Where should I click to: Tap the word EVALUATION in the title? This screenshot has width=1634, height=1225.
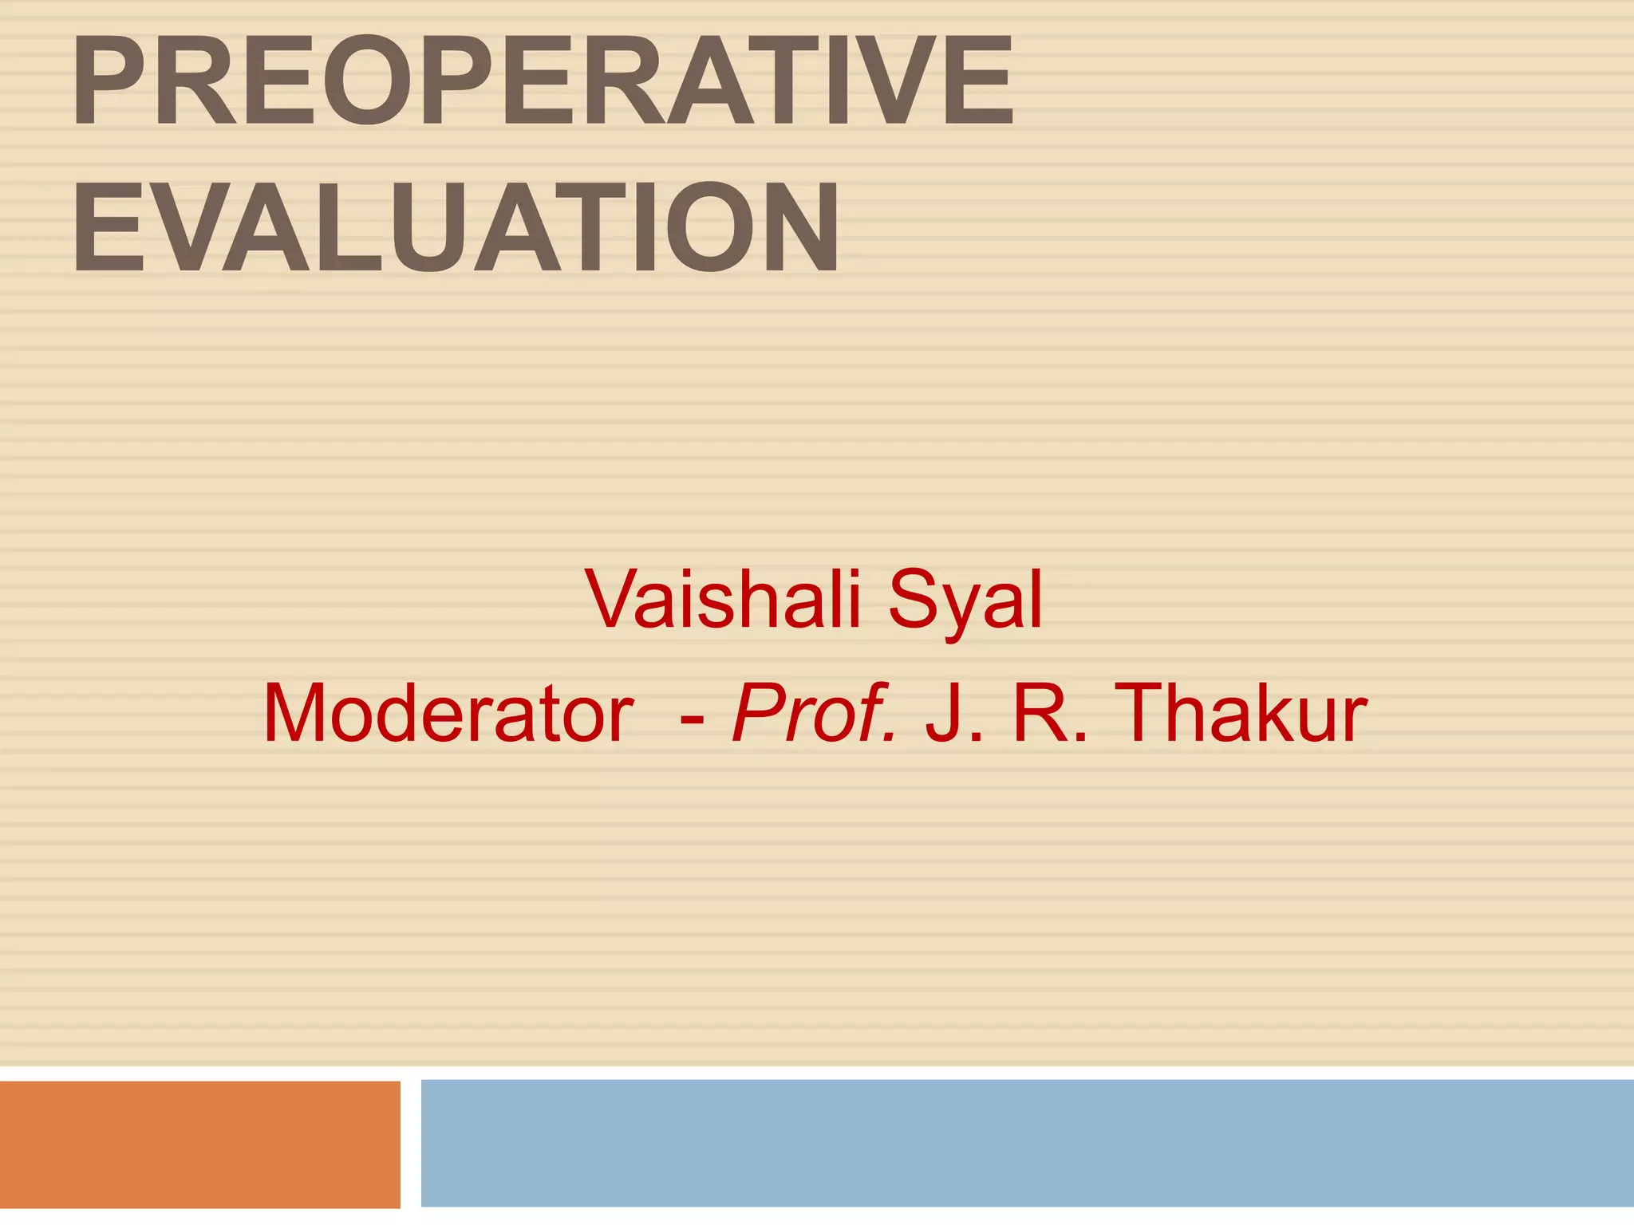(x=456, y=226)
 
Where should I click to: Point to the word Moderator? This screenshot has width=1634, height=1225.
(x=448, y=713)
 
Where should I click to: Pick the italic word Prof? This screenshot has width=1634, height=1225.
(x=814, y=713)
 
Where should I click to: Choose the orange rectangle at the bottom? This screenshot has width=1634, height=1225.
(x=199, y=1144)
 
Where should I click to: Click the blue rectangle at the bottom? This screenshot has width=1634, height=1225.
(x=1027, y=1143)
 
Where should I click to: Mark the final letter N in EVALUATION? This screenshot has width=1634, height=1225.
(x=793, y=226)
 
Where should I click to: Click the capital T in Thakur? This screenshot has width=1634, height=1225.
(x=1148, y=713)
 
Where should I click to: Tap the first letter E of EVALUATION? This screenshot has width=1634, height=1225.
(x=105, y=226)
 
